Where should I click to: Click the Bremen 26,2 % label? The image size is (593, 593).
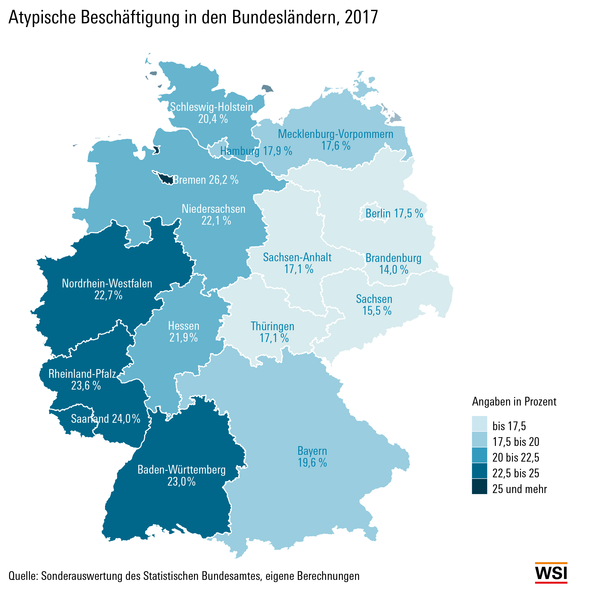pyautogui.click(x=206, y=180)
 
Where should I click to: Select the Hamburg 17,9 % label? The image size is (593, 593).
pyautogui.click(x=256, y=151)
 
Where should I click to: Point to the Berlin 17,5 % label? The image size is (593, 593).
pyautogui.click(x=394, y=213)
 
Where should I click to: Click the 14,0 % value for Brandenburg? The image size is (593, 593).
pyautogui.click(x=394, y=270)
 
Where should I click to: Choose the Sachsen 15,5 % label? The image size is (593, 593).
pyautogui.click(x=374, y=305)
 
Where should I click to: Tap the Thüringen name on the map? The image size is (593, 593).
pyautogui.click(x=272, y=326)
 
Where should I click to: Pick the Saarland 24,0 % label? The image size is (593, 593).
pyautogui.click(x=106, y=419)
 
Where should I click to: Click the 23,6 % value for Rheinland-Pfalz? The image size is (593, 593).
pyautogui.click(x=86, y=385)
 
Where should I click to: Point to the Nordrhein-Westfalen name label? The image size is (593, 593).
pyautogui.click(x=107, y=283)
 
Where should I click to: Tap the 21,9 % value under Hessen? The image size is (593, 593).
pyautogui.click(x=184, y=338)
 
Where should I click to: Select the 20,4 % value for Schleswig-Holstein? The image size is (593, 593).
pyautogui.click(x=213, y=119)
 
